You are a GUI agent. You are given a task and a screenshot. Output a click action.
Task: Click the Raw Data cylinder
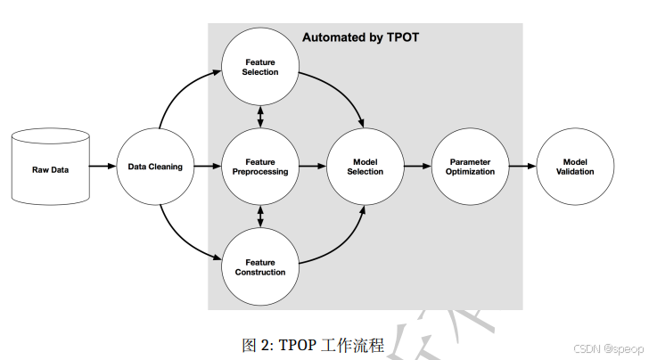[x=50, y=166]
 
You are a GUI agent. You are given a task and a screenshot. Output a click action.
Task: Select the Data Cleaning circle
[x=156, y=166]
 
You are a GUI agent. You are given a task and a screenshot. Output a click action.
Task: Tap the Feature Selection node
[x=260, y=67]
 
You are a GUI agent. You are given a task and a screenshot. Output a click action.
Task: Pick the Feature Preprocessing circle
[x=260, y=166]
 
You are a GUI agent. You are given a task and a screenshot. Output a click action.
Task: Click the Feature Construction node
[x=260, y=266]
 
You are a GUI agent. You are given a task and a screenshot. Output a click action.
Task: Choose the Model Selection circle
[x=365, y=166]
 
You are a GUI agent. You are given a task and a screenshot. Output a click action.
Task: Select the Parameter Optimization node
[x=469, y=166]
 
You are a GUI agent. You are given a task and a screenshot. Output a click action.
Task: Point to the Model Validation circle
[x=575, y=166]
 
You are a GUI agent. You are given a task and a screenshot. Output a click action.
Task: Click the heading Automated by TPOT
[x=360, y=37]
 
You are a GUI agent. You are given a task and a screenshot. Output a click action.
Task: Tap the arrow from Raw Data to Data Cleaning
[x=103, y=166]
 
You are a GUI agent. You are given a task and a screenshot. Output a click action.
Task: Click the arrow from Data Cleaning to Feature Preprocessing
[x=207, y=166]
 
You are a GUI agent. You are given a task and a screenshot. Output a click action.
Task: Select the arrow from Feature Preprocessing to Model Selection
[x=312, y=166]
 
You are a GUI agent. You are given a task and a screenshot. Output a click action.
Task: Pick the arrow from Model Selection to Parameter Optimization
[x=416, y=166]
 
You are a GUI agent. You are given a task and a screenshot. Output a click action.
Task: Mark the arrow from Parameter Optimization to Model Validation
[x=521, y=166]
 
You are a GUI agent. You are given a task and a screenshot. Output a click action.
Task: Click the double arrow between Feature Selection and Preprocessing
[x=260, y=117]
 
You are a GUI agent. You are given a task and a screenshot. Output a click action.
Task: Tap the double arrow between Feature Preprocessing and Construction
[x=260, y=217]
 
